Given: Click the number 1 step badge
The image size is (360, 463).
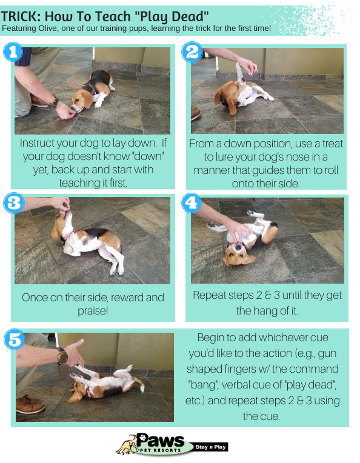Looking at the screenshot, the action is pyautogui.click(x=13, y=52).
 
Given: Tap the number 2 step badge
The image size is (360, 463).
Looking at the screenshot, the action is pyautogui.click(x=192, y=52).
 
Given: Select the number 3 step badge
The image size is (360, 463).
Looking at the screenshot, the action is pyautogui.click(x=13, y=203).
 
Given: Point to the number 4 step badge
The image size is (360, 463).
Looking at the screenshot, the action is pyautogui.click(x=192, y=203).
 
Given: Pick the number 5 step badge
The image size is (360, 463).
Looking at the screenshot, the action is pyautogui.click(x=15, y=339).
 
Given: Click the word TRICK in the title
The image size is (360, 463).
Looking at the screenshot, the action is pyautogui.click(x=21, y=16).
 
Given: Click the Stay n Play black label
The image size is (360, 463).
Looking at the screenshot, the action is pyautogui.click(x=210, y=447).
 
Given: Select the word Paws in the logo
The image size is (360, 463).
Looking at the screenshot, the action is pyautogui.click(x=161, y=441).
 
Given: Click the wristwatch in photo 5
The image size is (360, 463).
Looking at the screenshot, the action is pyautogui.click(x=62, y=355).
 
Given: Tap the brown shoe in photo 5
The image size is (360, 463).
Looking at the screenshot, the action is pyautogui.click(x=30, y=404).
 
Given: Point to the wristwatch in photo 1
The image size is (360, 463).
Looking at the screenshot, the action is pyautogui.click(x=54, y=102).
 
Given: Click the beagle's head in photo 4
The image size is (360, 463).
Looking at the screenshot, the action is pyautogui.click(x=238, y=255).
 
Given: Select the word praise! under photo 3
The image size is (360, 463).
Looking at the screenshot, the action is pyautogui.click(x=93, y=311).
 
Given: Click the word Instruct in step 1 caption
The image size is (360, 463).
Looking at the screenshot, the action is pyautogui.click(x=37, y=143).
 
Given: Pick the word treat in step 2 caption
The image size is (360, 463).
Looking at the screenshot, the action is pyautogui.click(x=333, y=144).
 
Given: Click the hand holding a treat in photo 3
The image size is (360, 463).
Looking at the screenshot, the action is pyautogui.click(x=61, y=204).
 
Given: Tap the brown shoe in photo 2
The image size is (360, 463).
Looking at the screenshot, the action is pyautogui.click(x=196, y=113).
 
